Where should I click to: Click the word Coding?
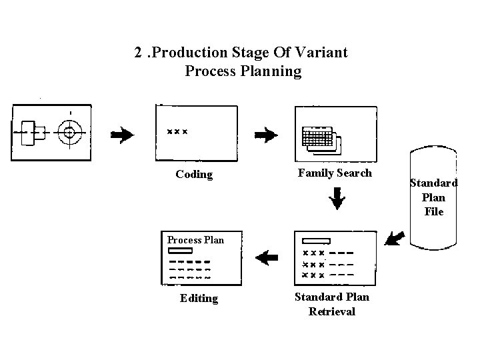[x=194, y=175]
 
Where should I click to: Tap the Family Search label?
[x=335, y=173]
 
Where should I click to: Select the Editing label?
[x=199, y=298]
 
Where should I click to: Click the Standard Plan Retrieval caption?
[x=332, y=304]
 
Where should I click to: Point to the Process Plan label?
[x=195, y=239]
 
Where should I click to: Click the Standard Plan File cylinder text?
[x=433, y=197]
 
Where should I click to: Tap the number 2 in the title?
[x=137, y=52]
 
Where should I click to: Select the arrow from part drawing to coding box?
[x=122, y=135]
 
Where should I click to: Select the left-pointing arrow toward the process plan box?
[x=267, y=257]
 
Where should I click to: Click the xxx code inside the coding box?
[x=177, y=131]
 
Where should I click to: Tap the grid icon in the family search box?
[x=317, y=137]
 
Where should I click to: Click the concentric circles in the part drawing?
[x=69, y=132]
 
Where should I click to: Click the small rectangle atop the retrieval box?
[x=316, y=241]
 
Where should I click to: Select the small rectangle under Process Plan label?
[x=181, y=251]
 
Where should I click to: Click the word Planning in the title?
[x=243, y=71]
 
